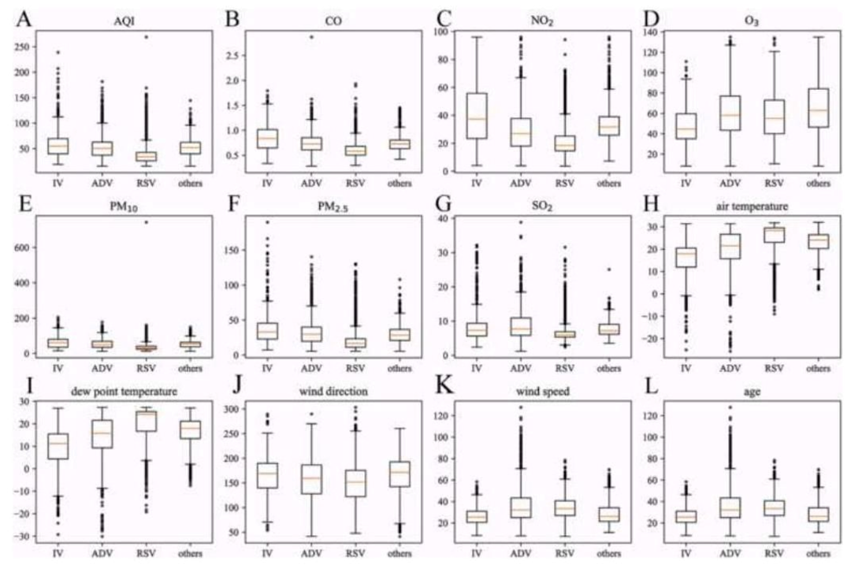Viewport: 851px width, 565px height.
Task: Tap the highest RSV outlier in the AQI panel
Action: pyautogui.click(x=146, y=37)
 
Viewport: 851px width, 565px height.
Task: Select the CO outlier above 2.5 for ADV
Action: pyautogui.click(x=311, y=37)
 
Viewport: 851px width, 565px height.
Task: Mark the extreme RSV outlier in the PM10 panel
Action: pyautogui.click(x=146, y=222)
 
